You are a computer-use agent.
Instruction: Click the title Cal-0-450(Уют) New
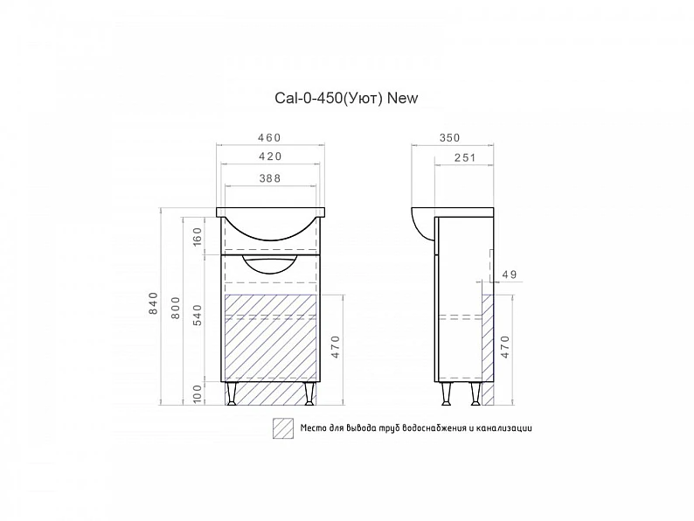[x=346, y=98]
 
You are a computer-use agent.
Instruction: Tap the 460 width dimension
[x=269, y=137]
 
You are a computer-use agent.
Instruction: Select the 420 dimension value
[x=270, y=156]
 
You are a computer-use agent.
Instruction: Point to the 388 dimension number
[x=270, y=178]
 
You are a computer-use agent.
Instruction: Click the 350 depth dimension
[x=449, y=137]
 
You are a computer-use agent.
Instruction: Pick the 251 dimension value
[x=465, y=157]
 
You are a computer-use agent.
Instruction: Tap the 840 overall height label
[x=153, y=303]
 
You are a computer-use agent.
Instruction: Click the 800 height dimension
[x=176, y=308]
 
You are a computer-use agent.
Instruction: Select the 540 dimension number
[x=198, y=316]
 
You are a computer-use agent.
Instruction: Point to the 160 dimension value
[x=198, y=236]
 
